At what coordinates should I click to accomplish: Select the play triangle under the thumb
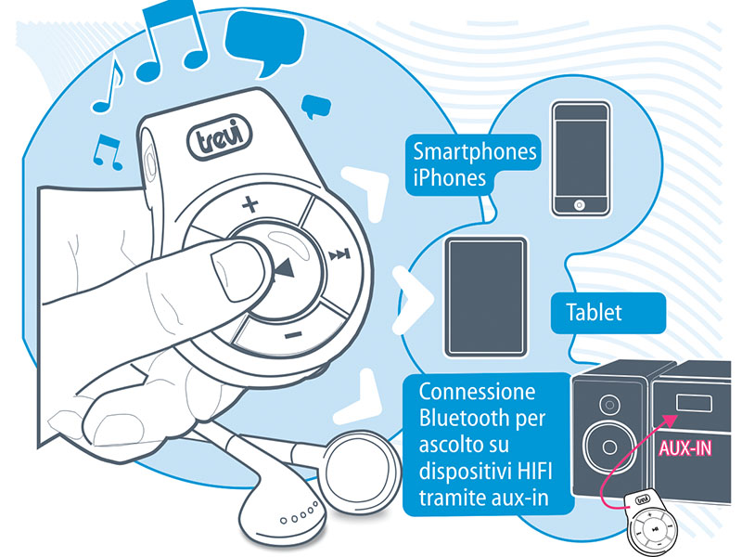283,270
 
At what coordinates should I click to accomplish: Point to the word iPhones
449,177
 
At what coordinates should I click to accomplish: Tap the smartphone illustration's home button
581,204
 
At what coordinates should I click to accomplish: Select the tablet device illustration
485,297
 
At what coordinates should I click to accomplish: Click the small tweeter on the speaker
609,405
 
